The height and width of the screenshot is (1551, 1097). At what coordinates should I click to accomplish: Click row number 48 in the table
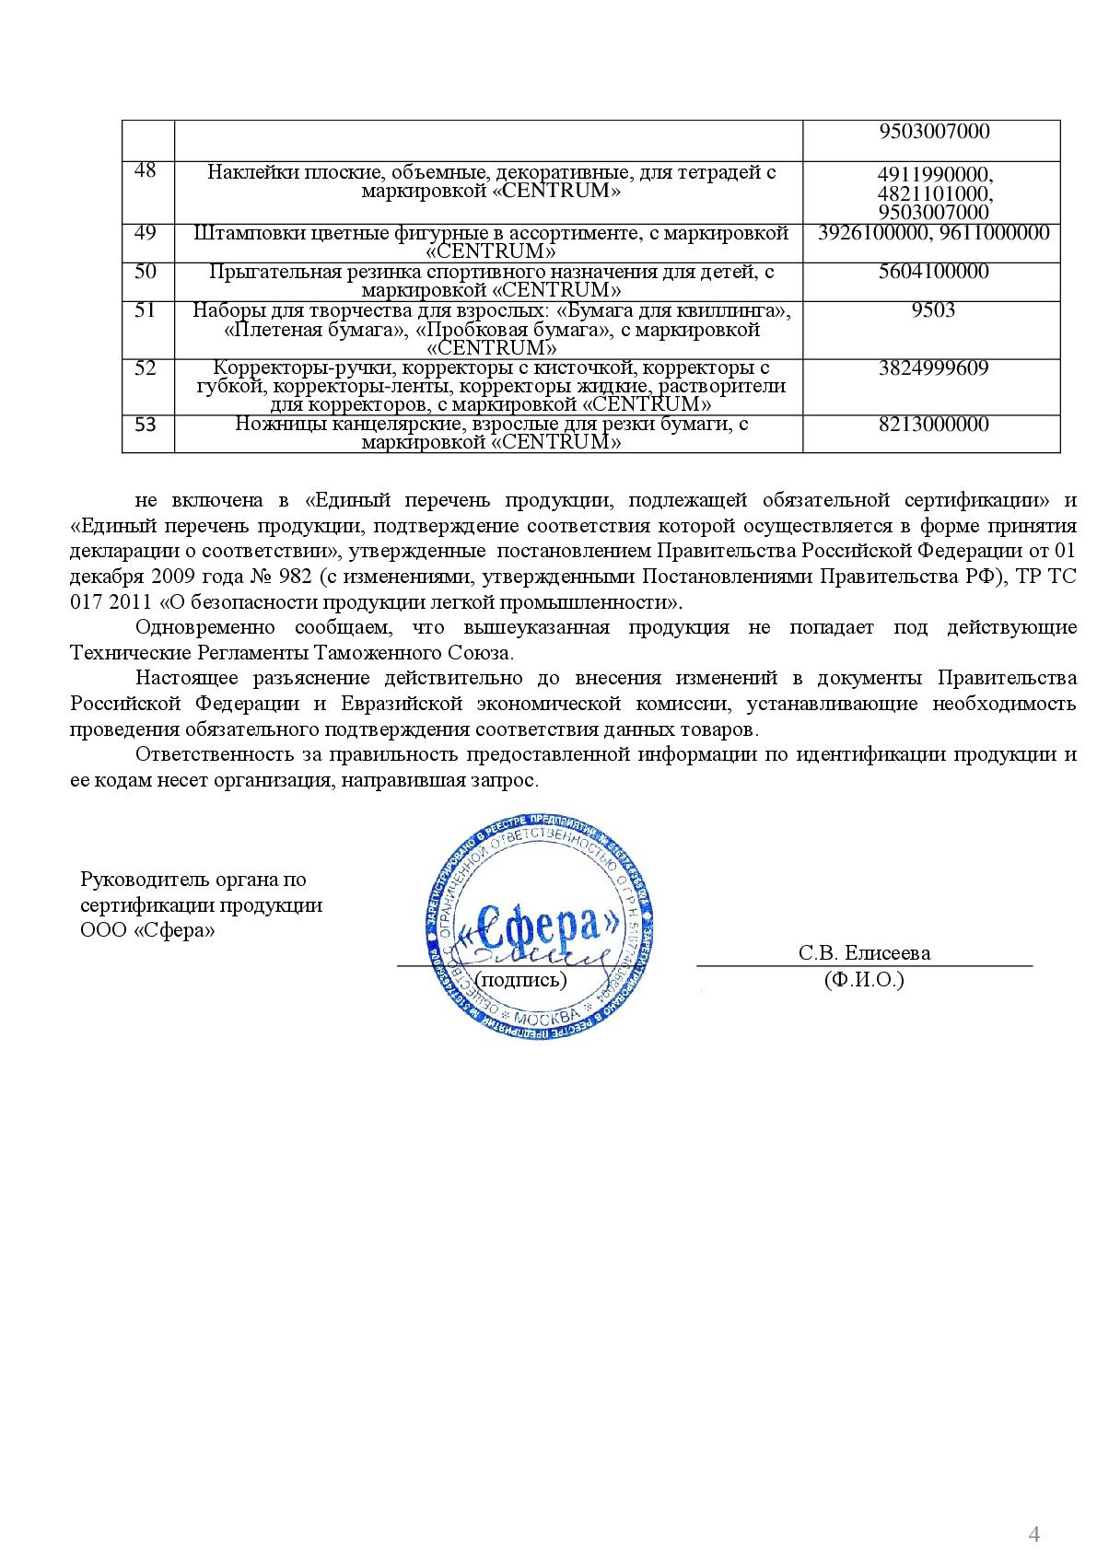click(x=146, y=170)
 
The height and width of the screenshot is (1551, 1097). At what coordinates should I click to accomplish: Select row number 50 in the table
click(x=146, y=271)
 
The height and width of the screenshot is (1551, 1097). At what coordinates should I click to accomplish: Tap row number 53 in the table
click(x=146, y=425)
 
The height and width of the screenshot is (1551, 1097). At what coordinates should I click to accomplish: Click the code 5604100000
click(x=934, y=271)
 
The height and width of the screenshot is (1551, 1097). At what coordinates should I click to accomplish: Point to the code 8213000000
click(x=934, y=424)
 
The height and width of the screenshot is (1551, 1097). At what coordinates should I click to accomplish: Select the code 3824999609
click(x=934, y=367)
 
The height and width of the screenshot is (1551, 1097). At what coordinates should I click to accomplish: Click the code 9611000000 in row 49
click(x=994, y=232)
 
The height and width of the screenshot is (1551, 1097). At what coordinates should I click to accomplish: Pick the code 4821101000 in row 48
click(x=934, y=193)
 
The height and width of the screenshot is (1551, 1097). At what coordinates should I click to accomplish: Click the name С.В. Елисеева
click(x=864, y=952)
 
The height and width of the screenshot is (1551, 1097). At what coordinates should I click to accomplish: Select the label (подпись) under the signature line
click(x=523, y=979)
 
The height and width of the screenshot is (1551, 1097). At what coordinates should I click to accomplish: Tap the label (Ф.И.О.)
click(x=864, y=979)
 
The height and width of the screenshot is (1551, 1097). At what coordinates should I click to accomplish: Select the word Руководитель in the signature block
click(x=135, y=879)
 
